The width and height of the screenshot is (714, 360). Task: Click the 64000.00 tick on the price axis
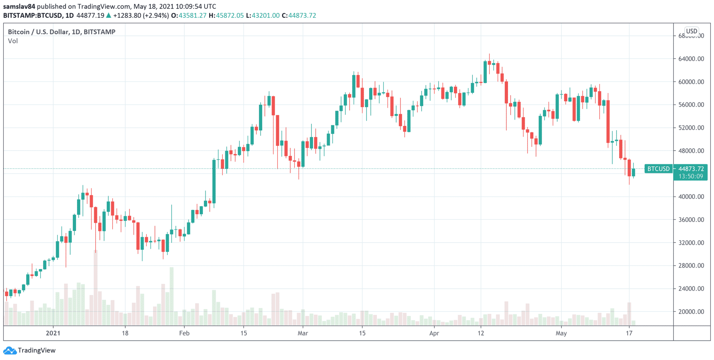[x=691, y=59]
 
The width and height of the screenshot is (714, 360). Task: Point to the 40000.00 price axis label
[x=691, y=197]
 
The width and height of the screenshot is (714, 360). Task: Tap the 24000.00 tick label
[x=691, y=288]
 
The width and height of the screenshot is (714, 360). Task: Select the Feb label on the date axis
[x=184, y=333]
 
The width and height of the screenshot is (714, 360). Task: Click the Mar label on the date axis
[x=303, y=333]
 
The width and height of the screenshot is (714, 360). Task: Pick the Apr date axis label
[x=434, y=333]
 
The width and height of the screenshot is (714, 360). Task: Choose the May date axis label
[x=561, y=333]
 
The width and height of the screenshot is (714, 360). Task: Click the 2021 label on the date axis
[x=53, y=333]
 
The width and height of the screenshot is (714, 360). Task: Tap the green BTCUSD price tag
[x=658, y=169]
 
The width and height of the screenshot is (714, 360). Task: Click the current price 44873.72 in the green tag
[x=691, y=169]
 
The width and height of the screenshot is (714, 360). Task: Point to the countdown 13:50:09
[x=691, y=177]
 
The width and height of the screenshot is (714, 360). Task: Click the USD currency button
[x=692, y=31]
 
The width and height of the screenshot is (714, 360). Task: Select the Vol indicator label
[x=13, y=41]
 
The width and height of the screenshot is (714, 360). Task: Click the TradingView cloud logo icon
[x=9, y=350]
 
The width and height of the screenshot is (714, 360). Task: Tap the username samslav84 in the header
[x=19, y=6]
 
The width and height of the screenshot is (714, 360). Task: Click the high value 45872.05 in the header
[x=230, y=15]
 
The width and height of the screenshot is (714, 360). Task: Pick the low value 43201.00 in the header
[x=266, y=15]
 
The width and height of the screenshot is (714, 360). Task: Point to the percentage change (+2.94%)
[x=156, y=15]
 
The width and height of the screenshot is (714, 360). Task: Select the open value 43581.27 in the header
[x=192, y=15]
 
